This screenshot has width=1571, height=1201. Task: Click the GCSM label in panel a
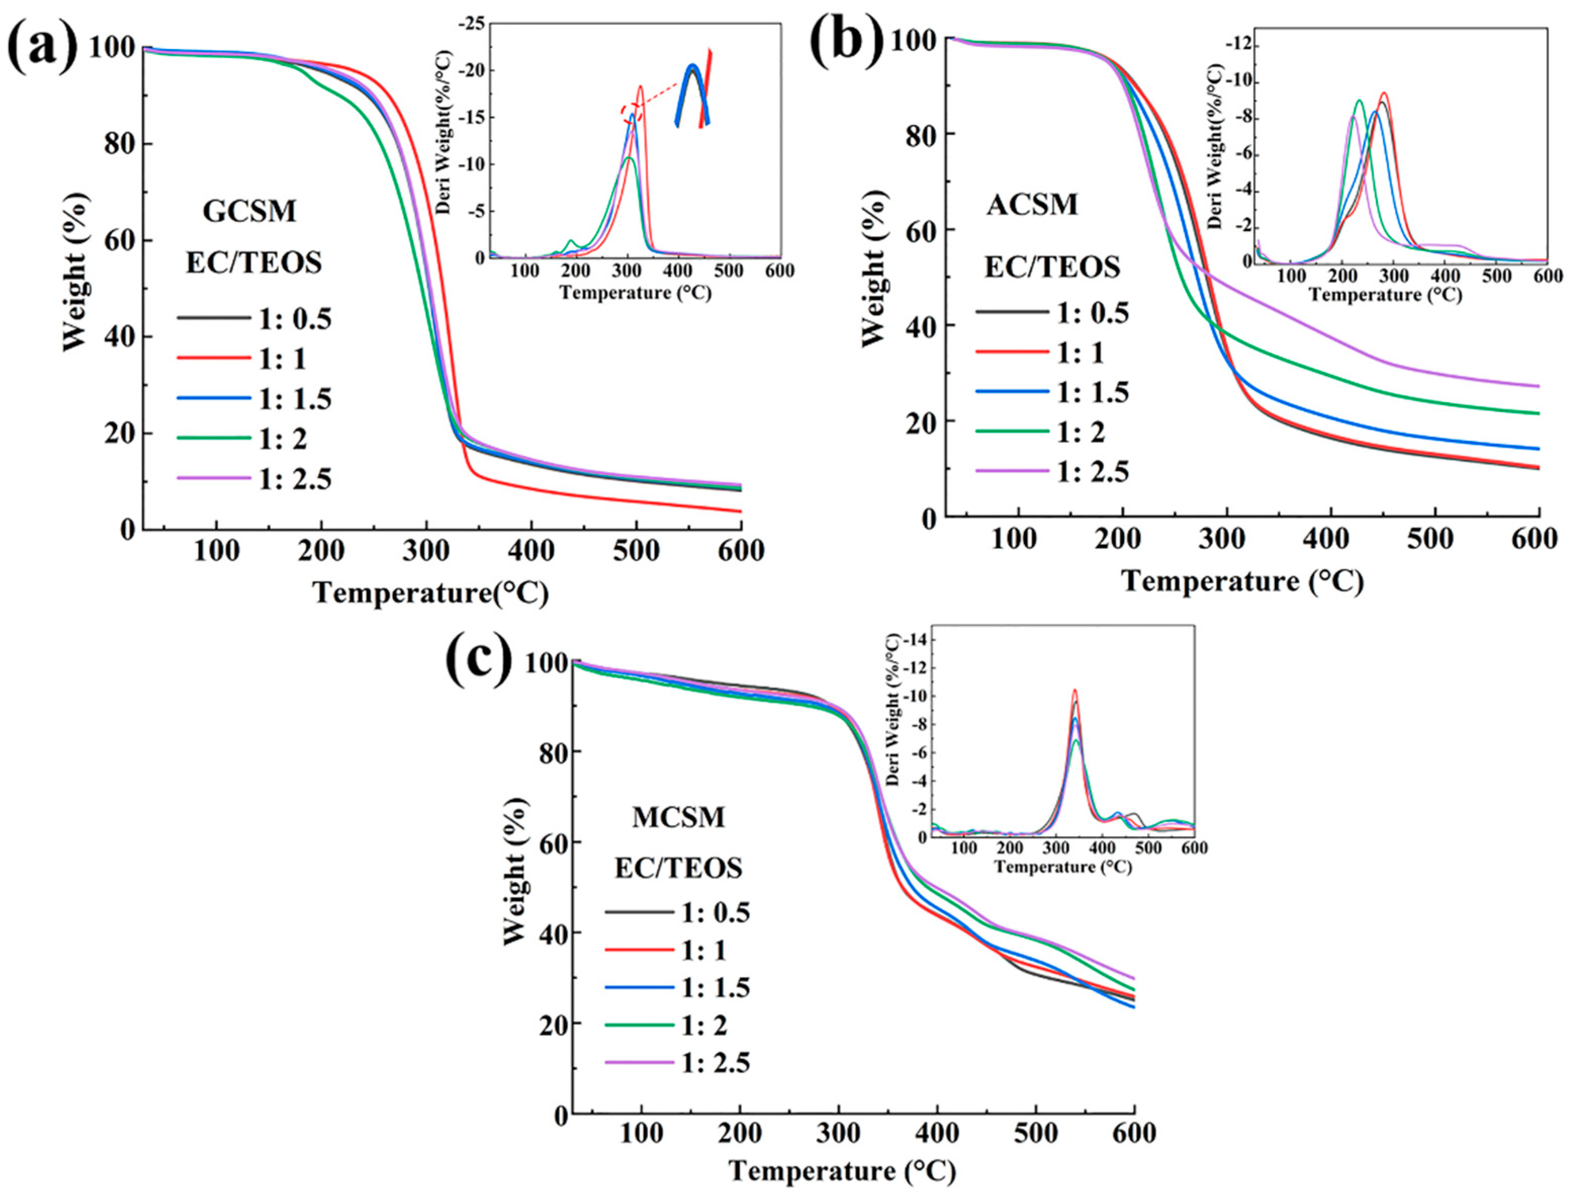point(249,212)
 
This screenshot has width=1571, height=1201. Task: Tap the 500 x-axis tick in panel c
point(1036,1134)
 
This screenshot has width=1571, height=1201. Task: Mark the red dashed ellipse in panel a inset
point(632,112)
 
